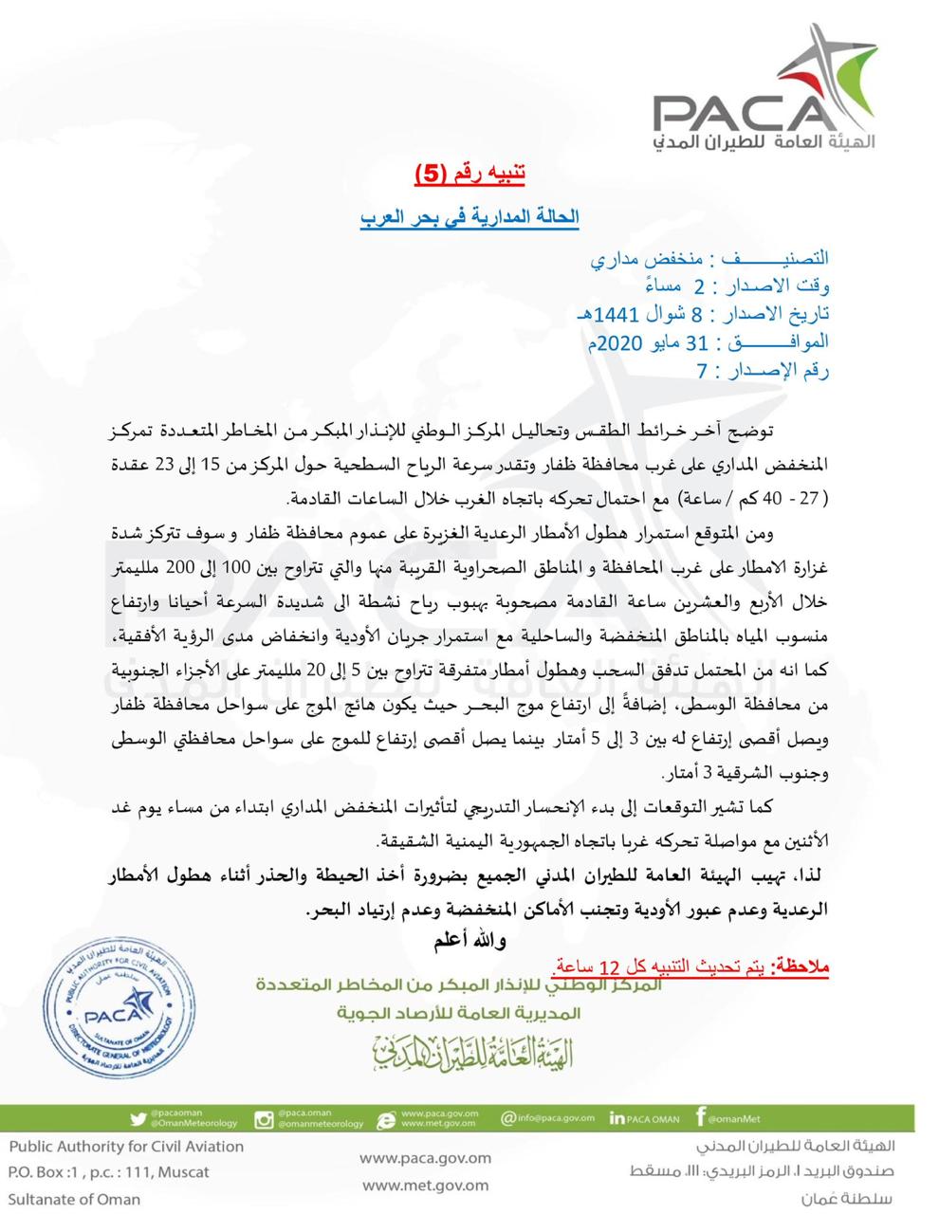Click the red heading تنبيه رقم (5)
pos(469,174)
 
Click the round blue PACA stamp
pos(110,1011)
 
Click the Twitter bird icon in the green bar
pos(138,1119)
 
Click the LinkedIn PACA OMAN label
pos(645,1119)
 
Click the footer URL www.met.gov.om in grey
pos(426,1185)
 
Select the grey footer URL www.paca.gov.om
pos(426,1158)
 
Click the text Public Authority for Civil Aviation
pos(126,1146)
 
